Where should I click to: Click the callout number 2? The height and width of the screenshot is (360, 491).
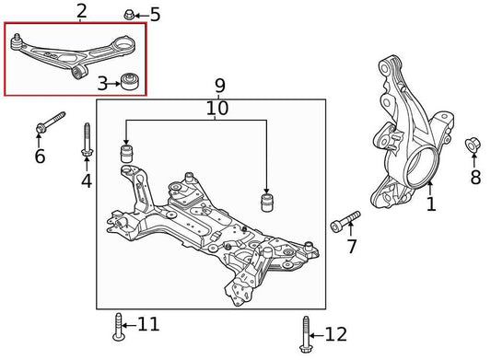[82, 12]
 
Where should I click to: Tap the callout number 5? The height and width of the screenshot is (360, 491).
[154, 14]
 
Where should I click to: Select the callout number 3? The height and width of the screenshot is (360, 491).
[103, 84]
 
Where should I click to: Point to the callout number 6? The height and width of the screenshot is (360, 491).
[40, 157]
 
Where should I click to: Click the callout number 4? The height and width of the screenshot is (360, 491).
[87, 180]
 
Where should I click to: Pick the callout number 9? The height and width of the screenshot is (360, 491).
[219, 87]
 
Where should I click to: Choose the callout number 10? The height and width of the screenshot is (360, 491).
[218, 109]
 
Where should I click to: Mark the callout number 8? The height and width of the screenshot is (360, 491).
[475, 178]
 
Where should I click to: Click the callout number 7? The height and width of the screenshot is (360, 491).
[350, 247]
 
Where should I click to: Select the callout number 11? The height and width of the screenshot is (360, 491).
[148, 324]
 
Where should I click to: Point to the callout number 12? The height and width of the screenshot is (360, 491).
[336, 333]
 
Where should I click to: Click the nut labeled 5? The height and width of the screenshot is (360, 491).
[130, 15]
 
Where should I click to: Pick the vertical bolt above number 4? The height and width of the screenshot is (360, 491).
[87, 140]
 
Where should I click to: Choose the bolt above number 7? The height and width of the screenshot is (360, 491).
[345, 222]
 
